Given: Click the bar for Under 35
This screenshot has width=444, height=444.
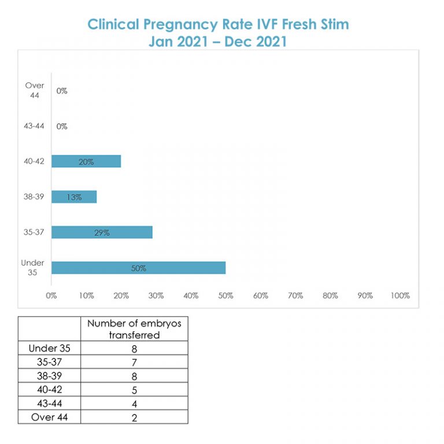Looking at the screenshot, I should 138,268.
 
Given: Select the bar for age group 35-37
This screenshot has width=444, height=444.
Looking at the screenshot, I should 102,232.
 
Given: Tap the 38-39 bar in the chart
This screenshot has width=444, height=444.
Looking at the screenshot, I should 74,197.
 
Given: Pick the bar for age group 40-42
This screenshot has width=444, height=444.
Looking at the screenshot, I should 86,161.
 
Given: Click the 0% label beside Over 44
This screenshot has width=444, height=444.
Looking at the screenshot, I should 62,91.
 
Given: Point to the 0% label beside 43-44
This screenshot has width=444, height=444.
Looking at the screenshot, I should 62,126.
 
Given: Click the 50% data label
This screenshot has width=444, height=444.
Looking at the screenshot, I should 138,268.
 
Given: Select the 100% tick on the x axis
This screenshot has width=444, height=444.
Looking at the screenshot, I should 400,295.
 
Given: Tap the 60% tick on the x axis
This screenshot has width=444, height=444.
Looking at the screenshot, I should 261,295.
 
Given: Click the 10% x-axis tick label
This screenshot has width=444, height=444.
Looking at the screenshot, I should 86,295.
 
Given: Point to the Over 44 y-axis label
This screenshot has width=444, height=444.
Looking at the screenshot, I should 35,90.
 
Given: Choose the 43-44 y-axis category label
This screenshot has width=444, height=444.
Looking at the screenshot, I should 34,126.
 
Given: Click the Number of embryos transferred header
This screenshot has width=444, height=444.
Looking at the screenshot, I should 134,328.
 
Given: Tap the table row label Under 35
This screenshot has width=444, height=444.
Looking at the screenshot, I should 50,348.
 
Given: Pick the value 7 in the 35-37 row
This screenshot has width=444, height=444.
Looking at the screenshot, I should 134,362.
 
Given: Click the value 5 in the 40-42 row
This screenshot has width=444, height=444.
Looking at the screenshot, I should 134,390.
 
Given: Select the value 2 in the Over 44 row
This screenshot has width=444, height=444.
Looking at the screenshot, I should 134,417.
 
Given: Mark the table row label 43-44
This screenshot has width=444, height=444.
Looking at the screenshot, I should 50,404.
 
